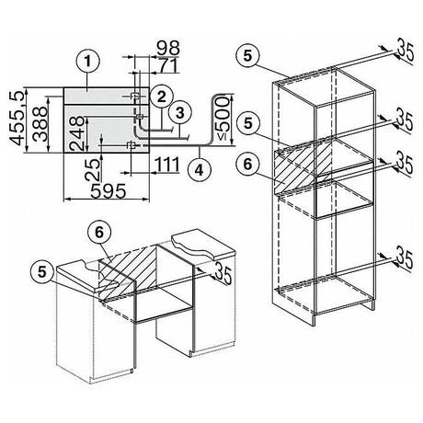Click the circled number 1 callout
88,62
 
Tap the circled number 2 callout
161,97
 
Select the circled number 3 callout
180,112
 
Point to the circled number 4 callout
200,169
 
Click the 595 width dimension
109,190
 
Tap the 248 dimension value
76,133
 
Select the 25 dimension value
93,168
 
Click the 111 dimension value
167,164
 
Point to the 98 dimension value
168,48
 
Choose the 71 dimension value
168,65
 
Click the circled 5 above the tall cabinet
248,56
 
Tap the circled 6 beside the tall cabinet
247,165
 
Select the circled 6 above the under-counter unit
99,233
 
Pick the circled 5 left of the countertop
42,271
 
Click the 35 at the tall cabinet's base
406,259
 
